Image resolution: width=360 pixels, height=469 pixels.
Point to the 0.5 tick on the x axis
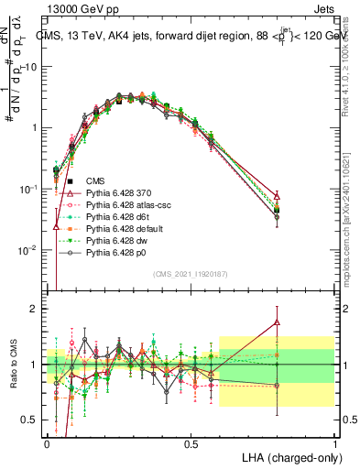coord(191,444)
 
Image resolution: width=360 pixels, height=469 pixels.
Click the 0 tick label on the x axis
coord(48,444)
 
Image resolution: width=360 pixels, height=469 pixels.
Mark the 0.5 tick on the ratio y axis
coord(33,420)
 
